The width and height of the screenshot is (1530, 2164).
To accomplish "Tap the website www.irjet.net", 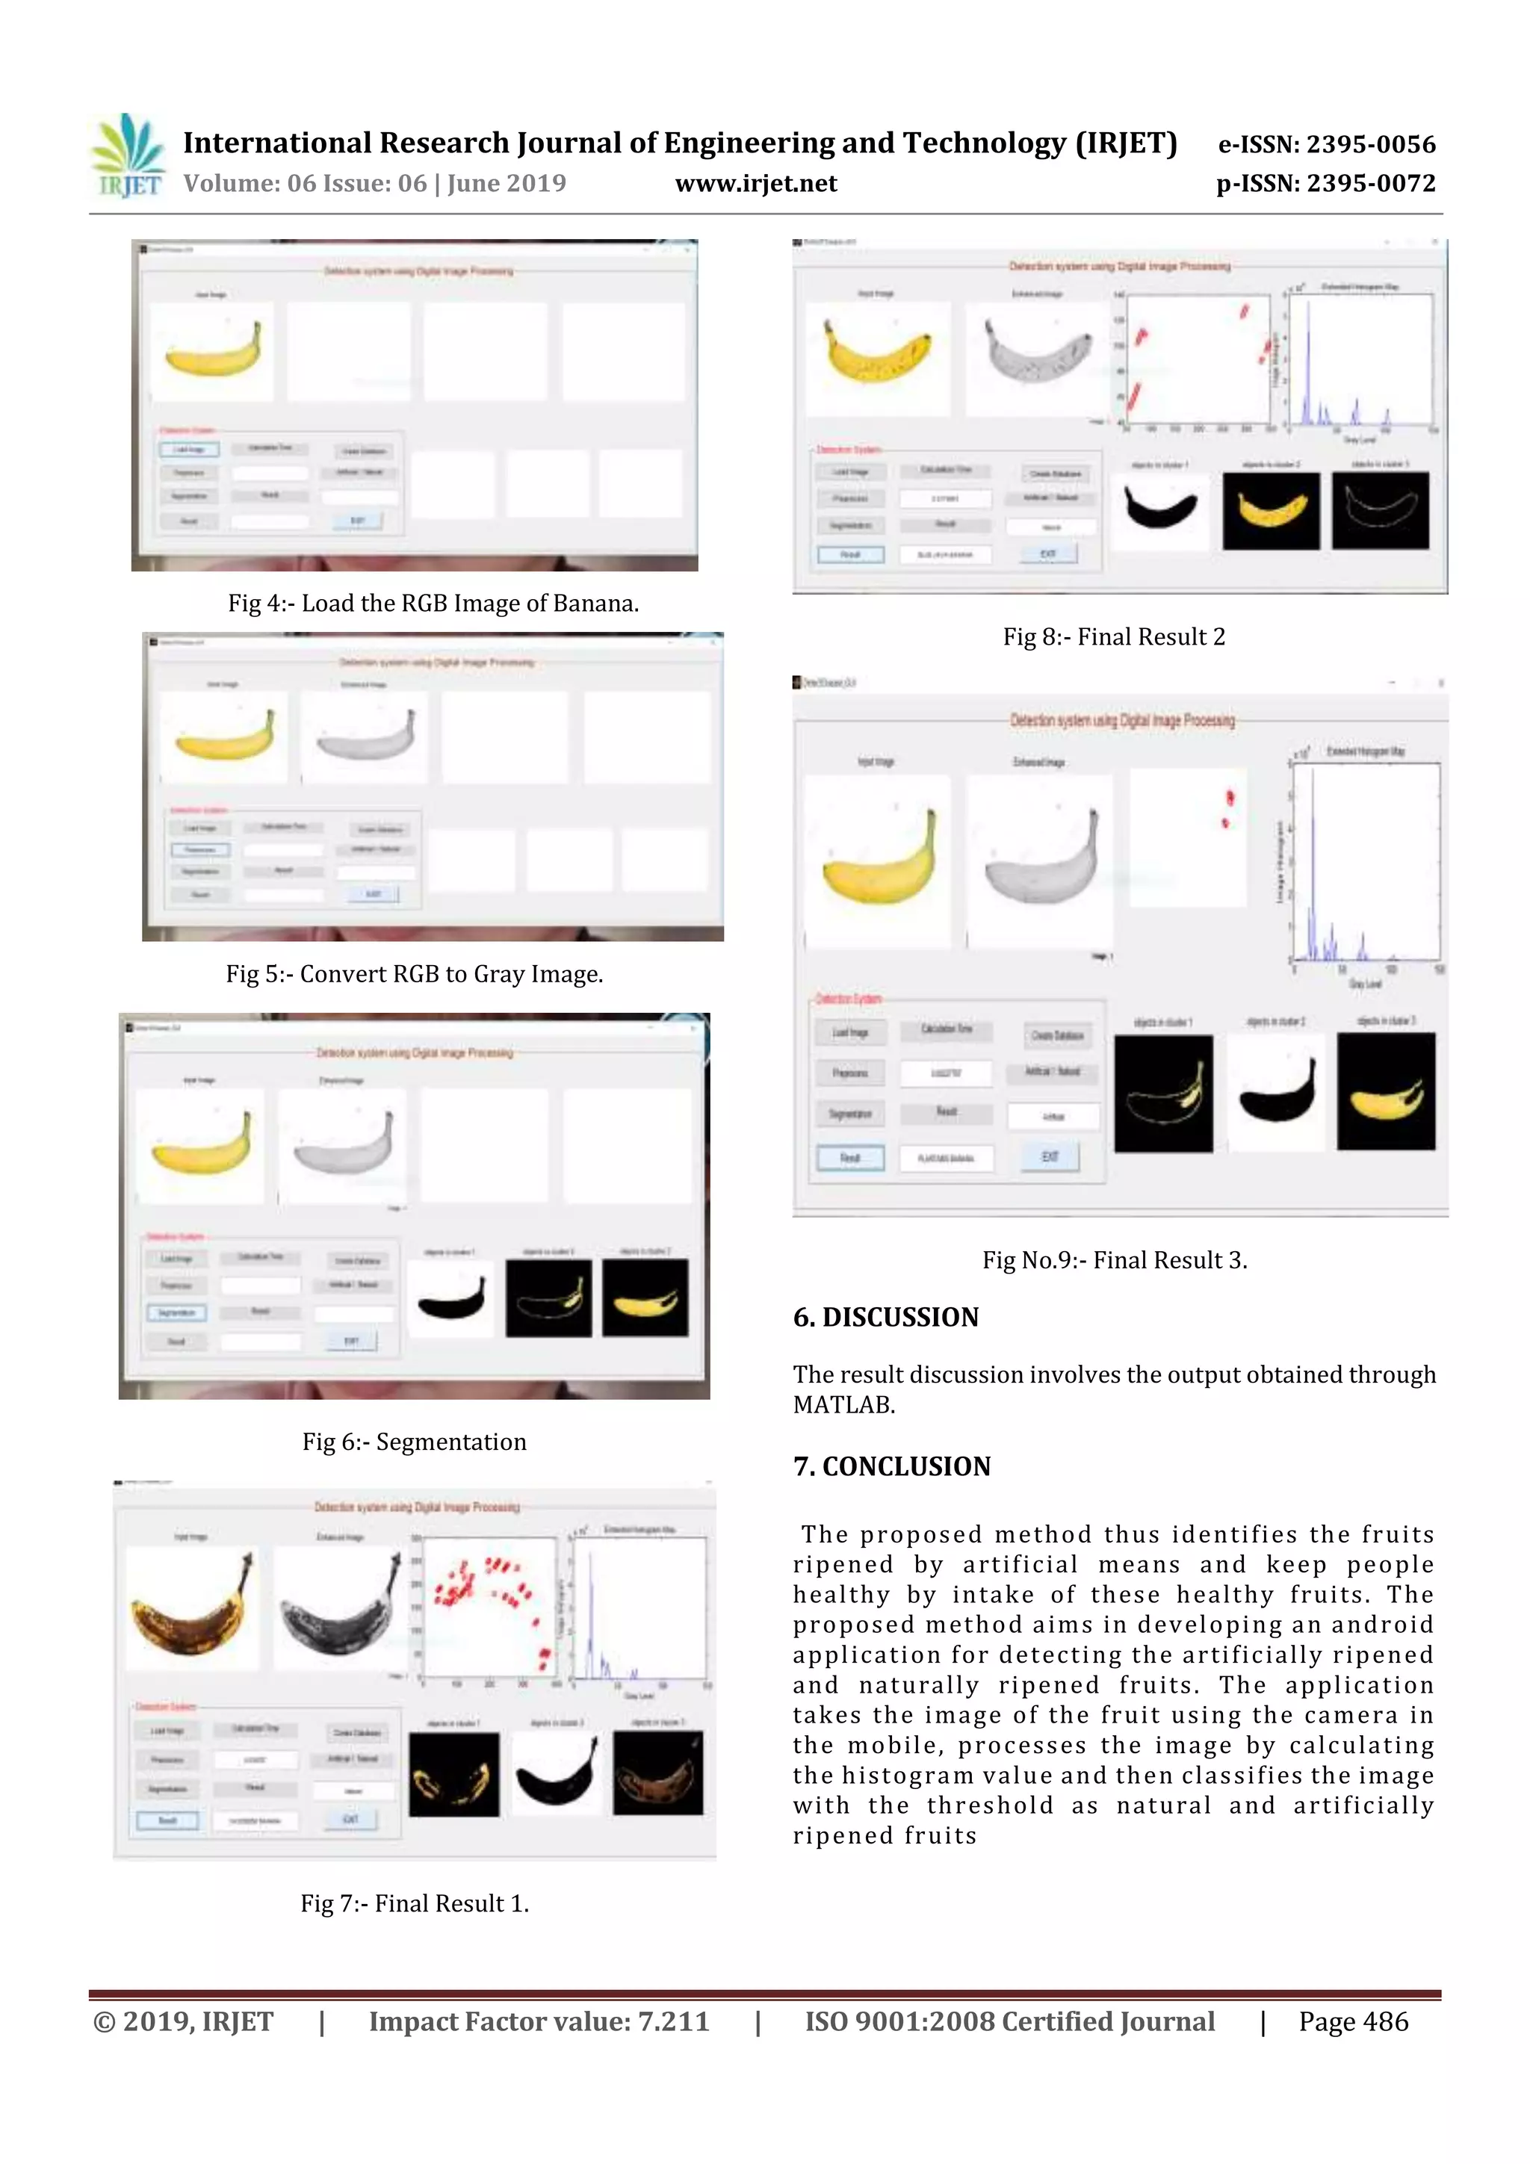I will (756, 183).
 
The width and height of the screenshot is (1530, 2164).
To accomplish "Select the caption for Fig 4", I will (433, 604).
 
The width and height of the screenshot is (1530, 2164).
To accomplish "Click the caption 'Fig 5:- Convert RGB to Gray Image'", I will (414, 973).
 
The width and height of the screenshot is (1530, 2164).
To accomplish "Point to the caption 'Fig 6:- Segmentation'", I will (414, 1441).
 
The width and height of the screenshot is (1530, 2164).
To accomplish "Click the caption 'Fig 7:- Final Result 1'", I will (414, 1903).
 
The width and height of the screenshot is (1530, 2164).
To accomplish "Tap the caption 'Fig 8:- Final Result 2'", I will (1113, 637).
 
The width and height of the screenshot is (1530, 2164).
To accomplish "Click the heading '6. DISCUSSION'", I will (885, 1317).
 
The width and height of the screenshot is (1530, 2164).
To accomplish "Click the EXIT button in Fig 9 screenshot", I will (1049, 1156).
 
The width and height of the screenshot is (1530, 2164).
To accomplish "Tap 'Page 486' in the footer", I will (1353, 2021).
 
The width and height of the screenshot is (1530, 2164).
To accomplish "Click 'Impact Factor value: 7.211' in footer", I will (539, 2021).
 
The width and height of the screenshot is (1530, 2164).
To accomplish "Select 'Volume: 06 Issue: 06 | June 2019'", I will (374, 183).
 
